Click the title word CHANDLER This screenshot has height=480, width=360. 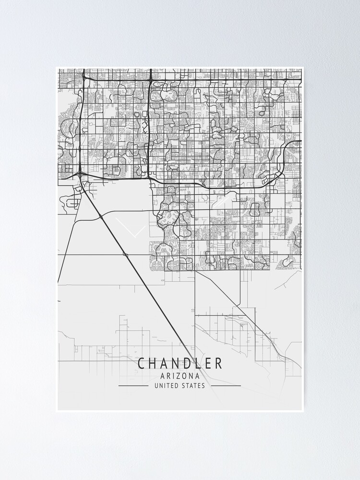[180, 363]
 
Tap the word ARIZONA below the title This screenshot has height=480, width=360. [180, 376]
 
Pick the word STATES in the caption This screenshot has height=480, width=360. [193, 385]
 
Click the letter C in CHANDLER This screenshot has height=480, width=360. [141, 363]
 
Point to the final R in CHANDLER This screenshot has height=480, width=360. [219, 363]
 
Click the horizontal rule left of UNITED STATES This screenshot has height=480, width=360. [133, 385]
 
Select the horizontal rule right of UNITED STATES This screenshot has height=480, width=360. [226, 385]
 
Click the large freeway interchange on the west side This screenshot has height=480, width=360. [79, 172]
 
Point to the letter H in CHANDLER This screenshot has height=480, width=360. [152, 363]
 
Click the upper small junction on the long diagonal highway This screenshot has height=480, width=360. [101, 218]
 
